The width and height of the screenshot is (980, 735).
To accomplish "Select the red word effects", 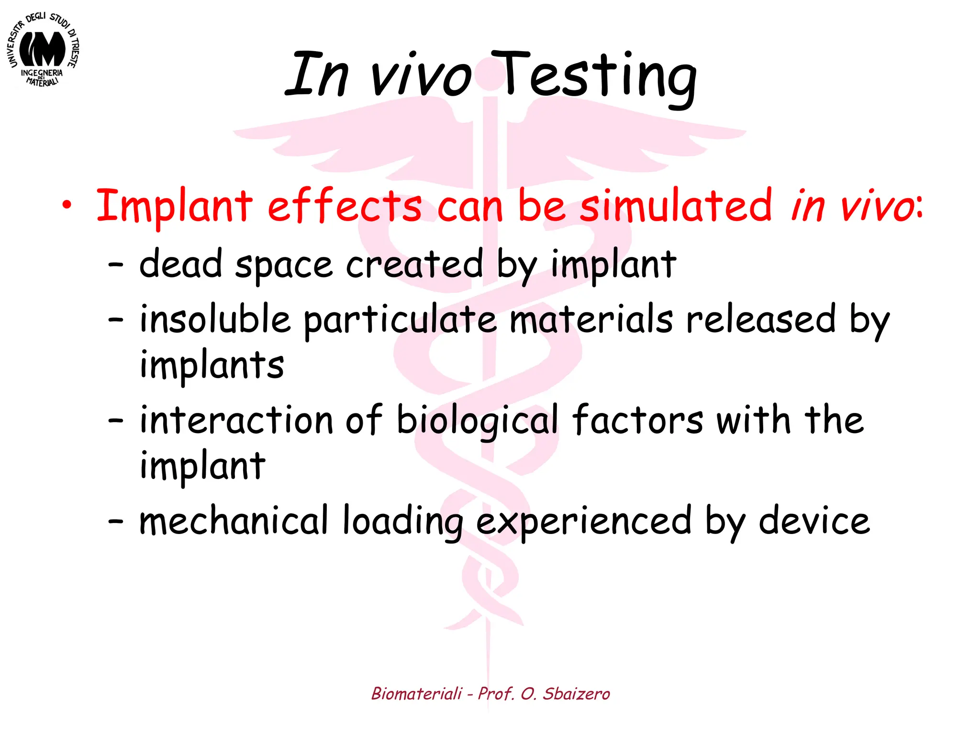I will pos(345,206).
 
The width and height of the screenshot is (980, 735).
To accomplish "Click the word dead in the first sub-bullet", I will pos(181,264).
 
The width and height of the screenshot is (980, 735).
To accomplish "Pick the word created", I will pos(414,264).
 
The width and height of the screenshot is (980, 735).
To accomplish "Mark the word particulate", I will pos(400,320).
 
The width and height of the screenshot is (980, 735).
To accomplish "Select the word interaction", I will pos(236,420).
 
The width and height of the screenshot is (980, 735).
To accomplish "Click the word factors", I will pos(638,420).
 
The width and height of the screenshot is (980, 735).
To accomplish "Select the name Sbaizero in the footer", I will pos(576,694).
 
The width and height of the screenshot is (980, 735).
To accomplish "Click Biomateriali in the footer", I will pos(417,694).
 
